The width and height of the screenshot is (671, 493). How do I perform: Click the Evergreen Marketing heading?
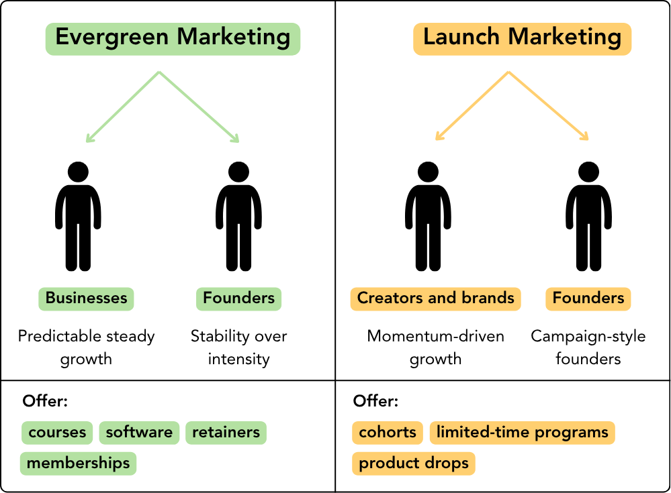pos(173,38)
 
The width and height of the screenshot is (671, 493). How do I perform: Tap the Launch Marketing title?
pos(522,38)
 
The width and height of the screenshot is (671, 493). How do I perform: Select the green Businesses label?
pos(86,298)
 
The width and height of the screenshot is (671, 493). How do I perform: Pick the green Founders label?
pos(238,298)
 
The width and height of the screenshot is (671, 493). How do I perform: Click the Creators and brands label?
pos(435,298)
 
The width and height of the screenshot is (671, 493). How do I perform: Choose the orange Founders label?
pos(588,298)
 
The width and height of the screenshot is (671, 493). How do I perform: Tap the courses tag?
pos(56,432)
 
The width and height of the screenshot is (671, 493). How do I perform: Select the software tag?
pos(139,432)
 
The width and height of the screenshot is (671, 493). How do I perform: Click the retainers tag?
pos(226,432)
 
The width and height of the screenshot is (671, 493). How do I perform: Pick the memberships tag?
pos(78,463)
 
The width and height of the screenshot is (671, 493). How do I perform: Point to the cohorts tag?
pos(388,432)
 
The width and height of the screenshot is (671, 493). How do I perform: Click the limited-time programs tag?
pos(522,432)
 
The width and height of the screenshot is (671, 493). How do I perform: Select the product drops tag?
pos(414,463)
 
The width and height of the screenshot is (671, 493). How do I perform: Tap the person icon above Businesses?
pos(78,216)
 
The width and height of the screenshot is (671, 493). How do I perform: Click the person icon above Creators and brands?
pos(428,216)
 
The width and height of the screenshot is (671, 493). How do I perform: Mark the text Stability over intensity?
pos(238,347)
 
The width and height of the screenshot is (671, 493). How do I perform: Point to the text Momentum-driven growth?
pos(435,347)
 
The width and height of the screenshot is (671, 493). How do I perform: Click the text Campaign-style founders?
pos(588,347)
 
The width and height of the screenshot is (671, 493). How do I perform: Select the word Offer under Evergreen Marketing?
pos(45,401)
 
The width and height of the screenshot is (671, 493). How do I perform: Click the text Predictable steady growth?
pos(86,347)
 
